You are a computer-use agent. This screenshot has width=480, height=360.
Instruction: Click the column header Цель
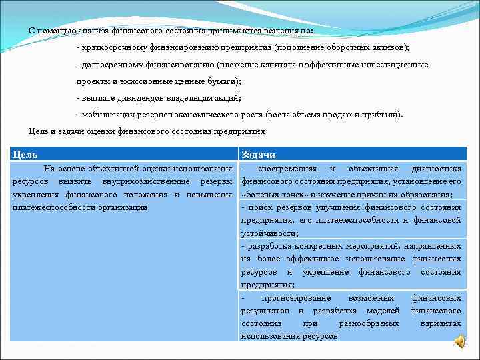coord(25,154)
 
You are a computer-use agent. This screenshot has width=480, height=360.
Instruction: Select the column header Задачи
coord(258,154)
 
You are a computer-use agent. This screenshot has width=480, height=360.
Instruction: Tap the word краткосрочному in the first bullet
coord(111,48)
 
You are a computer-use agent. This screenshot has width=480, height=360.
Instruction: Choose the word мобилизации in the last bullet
coord(107,114)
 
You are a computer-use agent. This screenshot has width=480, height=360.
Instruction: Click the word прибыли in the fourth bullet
coord(385,114)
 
